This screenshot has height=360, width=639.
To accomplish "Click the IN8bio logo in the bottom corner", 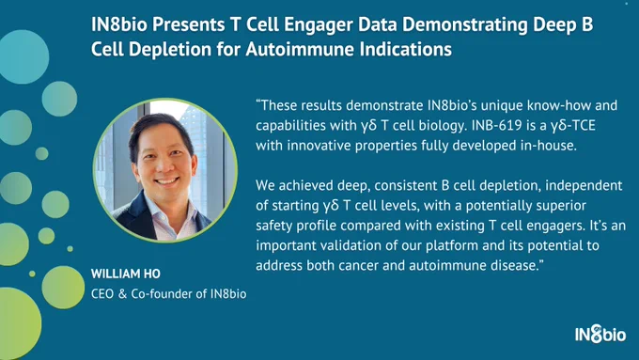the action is tap(600, 334).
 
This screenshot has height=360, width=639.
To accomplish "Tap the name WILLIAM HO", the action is tap(126, 274).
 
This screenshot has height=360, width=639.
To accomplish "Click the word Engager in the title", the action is tap(319, 24).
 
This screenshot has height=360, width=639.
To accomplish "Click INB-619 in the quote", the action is tap(496, 125).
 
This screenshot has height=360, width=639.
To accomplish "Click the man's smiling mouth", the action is tap(166, 180).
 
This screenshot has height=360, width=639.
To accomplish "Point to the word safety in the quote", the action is tap(273, 226).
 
